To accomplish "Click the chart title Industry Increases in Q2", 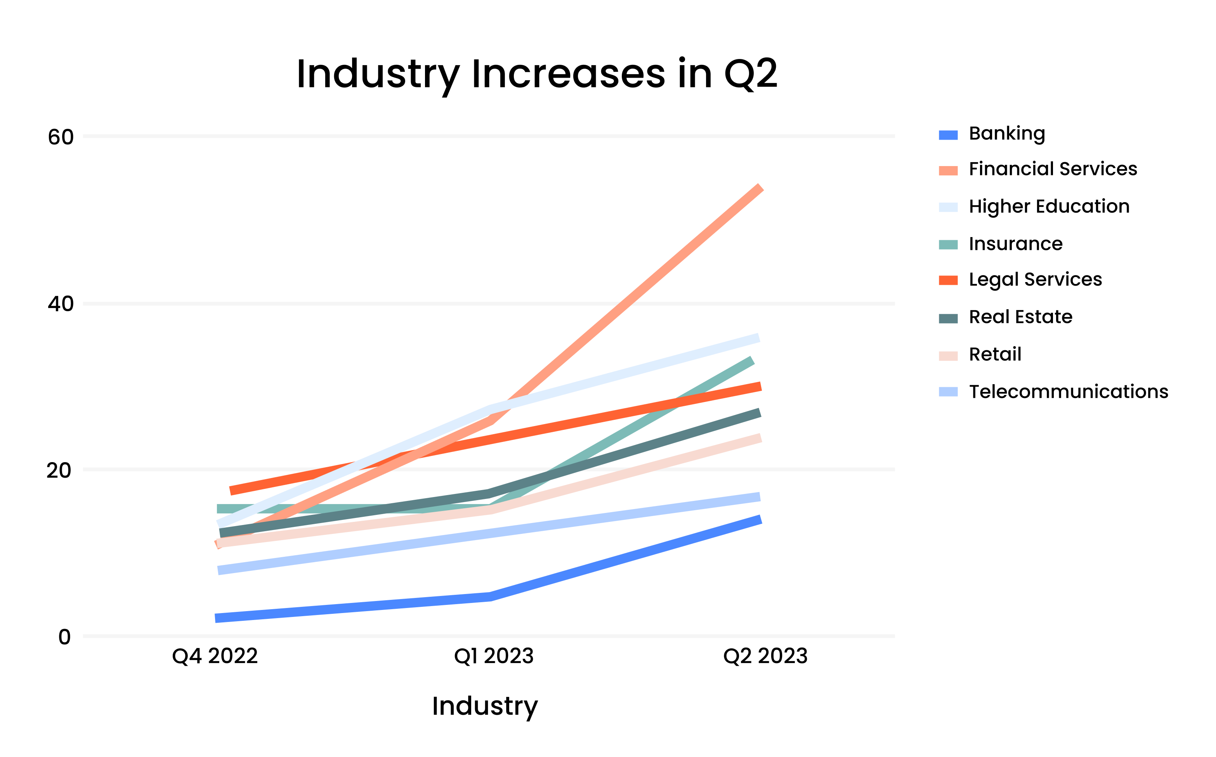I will (x=536, y=74).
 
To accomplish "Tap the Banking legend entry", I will (x=1007, y=134).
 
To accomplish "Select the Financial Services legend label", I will (x=1052, y=169).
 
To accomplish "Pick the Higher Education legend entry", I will (x=1049, y=206).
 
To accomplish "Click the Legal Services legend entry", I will (x=1035, y=279).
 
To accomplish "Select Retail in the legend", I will (x=995, y=355).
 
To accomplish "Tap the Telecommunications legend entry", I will (x=1068, y=391).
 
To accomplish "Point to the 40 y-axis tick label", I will (x=61, y=304).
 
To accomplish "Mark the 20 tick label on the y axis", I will (x=59, y=471).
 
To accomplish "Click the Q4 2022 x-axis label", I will (x=215, y=656).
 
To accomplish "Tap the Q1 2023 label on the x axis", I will (x=494, y=656).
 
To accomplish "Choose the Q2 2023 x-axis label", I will (x=765, y=656).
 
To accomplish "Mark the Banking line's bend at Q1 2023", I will (x=490, y=596).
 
